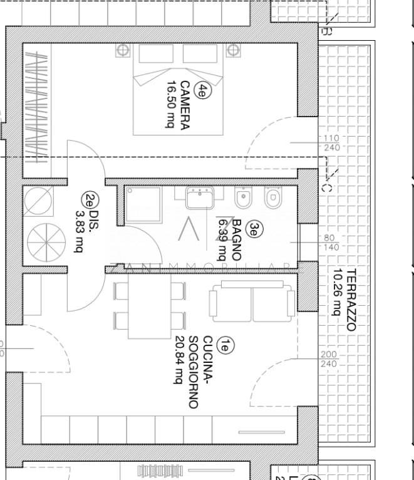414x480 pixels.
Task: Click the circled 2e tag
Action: [x=90, y=200]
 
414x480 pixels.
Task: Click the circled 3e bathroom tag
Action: [x=252, y=229]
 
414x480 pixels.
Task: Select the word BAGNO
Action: [x=236, y=239]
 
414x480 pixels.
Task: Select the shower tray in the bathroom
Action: [x=143, y=204]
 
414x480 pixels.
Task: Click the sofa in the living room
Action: [x=252, y=303]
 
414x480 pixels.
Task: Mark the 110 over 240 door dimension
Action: [x=331, y=143]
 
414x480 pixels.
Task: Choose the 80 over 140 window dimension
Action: [x=331, y=242]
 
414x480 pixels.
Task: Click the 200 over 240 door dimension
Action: [x=328, y=359]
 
